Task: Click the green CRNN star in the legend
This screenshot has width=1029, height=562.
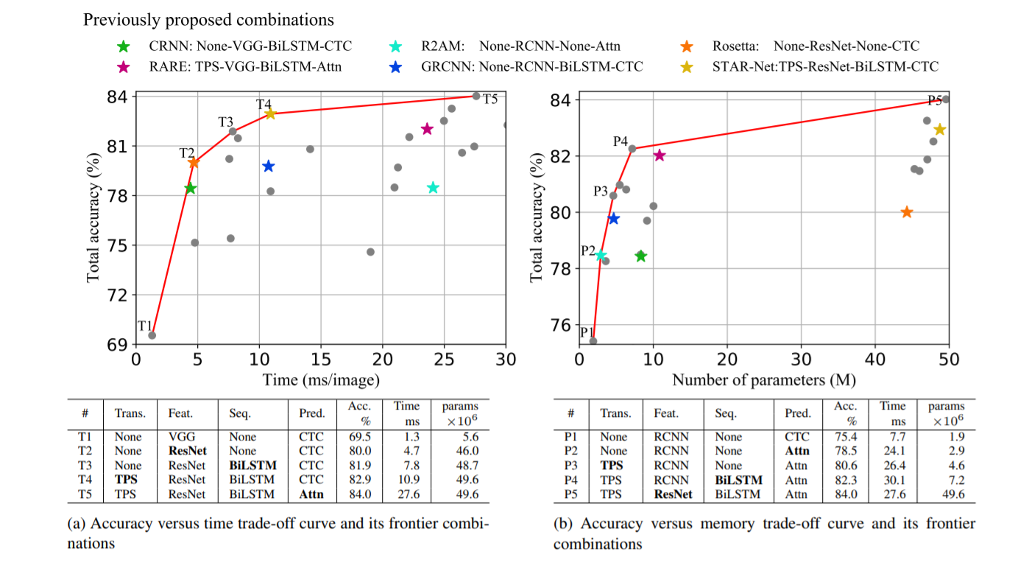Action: (x=124, y=46)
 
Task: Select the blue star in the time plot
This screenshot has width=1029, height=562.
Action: (x=269, y=166)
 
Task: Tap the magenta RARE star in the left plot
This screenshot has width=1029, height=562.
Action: (x=427, y=129)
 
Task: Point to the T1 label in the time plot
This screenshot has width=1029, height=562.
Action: (x=145, y=326)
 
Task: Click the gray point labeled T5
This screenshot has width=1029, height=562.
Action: (x=476, y=96)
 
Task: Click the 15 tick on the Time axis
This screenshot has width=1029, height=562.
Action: (x=320, y=359)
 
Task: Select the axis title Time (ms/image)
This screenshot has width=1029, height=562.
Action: (x=321, y=380)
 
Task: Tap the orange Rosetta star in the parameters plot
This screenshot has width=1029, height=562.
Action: (x=907, y=212)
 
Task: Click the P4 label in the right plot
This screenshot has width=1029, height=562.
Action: (x=620, y=141)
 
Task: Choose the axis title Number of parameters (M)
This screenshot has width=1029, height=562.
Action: (x=764, y=380)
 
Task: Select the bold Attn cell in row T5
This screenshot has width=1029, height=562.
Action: (x=311, y=494)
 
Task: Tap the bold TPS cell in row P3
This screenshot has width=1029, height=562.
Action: (x=612, y=466)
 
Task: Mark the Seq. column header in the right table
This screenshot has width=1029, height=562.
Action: (x=726, y=414)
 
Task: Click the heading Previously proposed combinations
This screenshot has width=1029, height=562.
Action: (x=208, y=20)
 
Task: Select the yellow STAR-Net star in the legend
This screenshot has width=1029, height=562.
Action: (x=685, y=67)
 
